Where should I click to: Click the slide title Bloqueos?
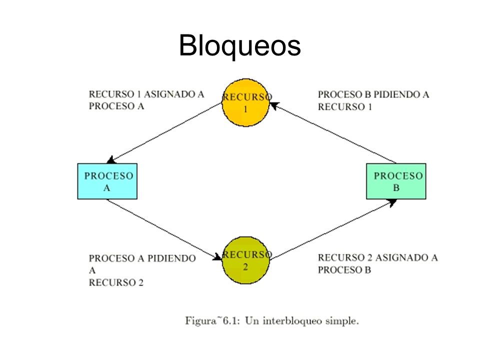(x=239, y=45)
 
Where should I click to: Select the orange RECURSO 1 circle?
(x=245, y=102)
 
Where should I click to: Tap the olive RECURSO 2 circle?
(x=245, y=260)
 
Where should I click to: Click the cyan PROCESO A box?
(x=107, y=181)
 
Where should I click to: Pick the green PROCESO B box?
(x=396, y=181)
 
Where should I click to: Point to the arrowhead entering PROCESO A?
(x=111, y=160)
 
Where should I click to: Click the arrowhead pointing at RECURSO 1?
(x=274, y=105)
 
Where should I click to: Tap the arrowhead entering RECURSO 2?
(x=217, y=257)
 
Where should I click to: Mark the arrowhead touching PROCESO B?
(x=392, y=202)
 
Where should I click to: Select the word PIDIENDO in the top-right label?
(x=396, y=94)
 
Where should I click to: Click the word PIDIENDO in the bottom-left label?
(x=171, y=258)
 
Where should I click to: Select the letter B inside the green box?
(x=396, y=187)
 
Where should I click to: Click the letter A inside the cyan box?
(x=106, y=187)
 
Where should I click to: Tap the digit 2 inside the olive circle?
(x=245, y=267)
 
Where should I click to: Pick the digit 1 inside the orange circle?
(x=245, y=109)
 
